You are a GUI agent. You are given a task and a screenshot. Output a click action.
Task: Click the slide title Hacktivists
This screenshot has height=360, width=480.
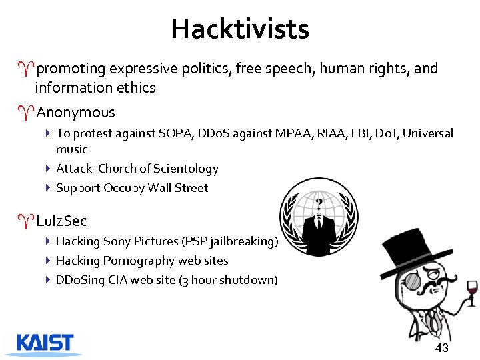pos(240,29)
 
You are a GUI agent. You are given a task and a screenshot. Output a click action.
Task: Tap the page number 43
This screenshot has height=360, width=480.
pos(441,348)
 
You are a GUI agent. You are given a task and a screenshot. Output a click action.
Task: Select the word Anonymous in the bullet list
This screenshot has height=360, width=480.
pos(75,113)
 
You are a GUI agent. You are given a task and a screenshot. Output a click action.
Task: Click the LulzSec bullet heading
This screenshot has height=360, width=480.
pos(61,221)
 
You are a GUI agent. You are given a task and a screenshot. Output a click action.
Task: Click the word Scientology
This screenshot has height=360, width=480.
pos(187,169)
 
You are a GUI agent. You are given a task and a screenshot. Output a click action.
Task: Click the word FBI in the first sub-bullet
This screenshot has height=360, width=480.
pos(355,133)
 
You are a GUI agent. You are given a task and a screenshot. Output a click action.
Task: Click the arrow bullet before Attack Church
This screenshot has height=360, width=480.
pos(48,169)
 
